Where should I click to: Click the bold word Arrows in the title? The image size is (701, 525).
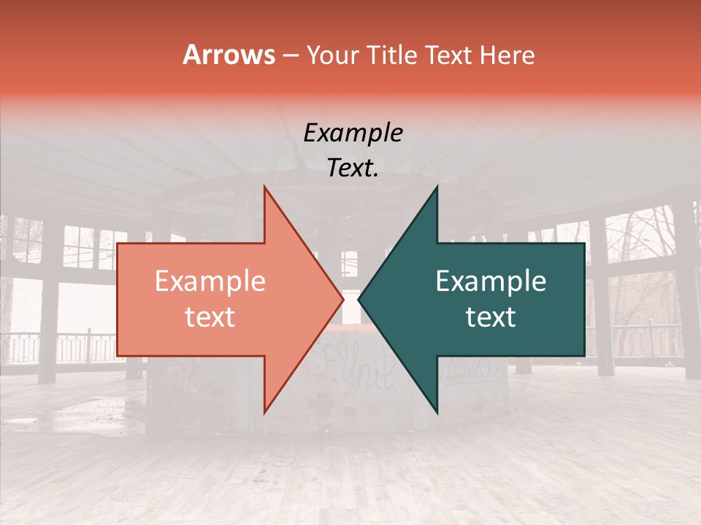[x=229, y=54]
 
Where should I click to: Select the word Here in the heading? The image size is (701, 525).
[x=507, y=55]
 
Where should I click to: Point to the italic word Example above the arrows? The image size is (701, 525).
[x=353, y=133]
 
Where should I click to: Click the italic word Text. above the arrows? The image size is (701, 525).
[x=353, y=168]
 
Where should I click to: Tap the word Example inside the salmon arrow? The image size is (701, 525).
[x=210, y=281]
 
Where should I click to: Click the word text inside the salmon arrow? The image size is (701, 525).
[x=210, y=317]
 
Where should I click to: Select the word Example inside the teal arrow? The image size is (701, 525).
[x=491, y=281]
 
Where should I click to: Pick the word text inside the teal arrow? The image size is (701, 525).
[x=491, y=317]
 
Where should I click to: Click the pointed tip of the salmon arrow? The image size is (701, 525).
[x=342, y=299]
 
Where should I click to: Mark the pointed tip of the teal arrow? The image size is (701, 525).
[x=359, y=299]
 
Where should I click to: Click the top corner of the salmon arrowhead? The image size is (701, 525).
[x=264, y=187]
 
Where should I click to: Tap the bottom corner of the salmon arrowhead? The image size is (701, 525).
[x=264, y=412]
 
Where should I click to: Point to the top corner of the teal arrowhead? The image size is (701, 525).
[x=437, y=187]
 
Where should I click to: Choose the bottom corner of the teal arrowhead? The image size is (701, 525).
[x=437, y=412]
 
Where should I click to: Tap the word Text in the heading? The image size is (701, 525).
[x=450, y=55]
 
